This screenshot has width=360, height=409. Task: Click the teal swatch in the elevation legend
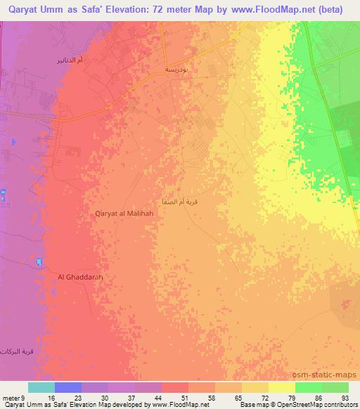41,387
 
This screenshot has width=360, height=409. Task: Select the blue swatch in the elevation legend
68,387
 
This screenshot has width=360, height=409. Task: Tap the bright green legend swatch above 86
309,387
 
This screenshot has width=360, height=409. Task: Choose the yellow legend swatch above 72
255,387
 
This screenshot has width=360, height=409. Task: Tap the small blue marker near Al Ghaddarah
38,263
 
